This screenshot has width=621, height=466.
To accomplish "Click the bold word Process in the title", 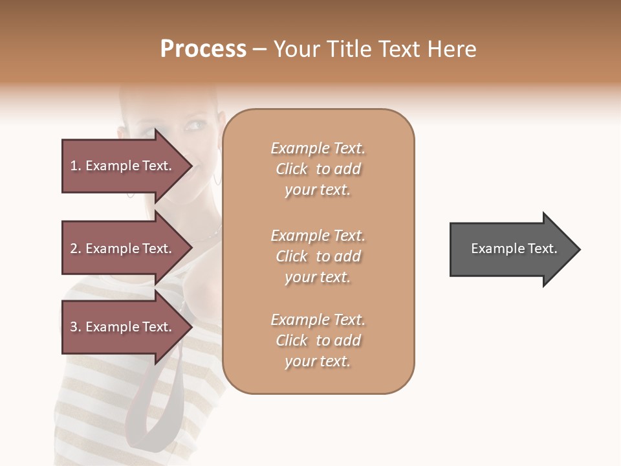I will pos(203,49).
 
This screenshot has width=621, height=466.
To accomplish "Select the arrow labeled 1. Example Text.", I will pos(123,166).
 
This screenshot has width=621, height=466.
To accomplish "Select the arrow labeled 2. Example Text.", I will pos(123,249).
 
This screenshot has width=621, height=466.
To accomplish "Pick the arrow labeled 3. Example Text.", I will pos(123,327).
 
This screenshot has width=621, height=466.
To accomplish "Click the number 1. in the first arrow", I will pos(76,166).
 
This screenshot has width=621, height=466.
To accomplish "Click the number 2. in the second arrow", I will pos(76,249).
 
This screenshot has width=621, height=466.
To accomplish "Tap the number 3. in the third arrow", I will pos(76,327).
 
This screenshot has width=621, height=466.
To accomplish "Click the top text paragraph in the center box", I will pos(318,169).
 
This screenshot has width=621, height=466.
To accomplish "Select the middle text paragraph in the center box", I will pos(318,256).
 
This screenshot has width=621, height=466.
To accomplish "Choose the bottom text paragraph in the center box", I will pos(318,340).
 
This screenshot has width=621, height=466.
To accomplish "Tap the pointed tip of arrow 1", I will pos(191,166).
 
